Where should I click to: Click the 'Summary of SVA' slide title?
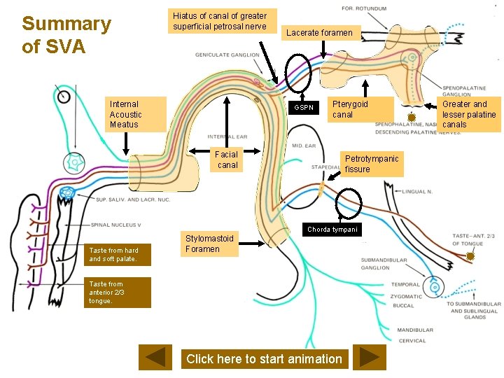[66, 35]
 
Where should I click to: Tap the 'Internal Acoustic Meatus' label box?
[137, 114]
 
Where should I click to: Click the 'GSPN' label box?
[304, 107]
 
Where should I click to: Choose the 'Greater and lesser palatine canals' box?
[469, 114]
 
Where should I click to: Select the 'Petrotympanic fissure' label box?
[371, 164]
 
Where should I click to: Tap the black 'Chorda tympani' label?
[332, 230]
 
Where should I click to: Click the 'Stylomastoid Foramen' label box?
[209, 244]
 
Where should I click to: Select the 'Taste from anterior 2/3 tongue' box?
[118, 293]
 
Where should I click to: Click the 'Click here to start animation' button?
[264, 359]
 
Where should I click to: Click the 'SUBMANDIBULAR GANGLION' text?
[384, 264]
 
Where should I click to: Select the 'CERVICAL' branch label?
[411, 341]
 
